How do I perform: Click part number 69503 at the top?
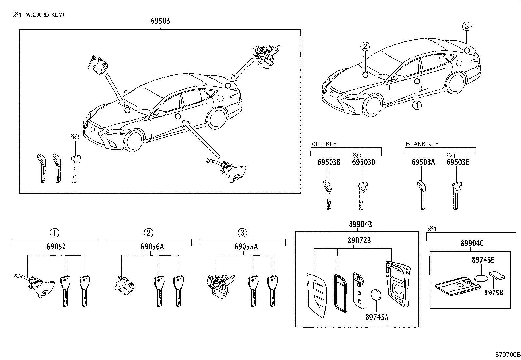pos(160,21)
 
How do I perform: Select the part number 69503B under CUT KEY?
pos(329,162)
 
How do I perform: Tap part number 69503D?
pos(364,162)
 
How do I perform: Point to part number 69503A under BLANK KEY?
pos(423,162)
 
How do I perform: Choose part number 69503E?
pos(458,162)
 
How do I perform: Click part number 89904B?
pos(360,224)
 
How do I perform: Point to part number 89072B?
pos(359,241)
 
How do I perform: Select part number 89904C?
pos(472,243)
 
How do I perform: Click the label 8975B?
pos(494,292)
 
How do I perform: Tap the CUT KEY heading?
pos(324,144)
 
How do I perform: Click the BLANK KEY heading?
pos(422,144)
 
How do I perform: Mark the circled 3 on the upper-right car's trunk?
pos(467,27)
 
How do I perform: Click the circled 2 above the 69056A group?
pos(148,233)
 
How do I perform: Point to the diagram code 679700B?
pos(508,354)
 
